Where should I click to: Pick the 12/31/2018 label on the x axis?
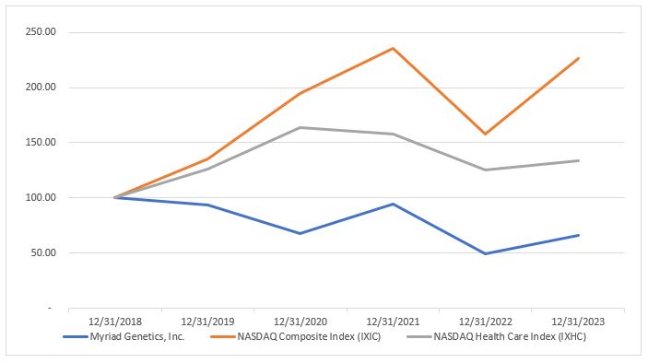point(114,322)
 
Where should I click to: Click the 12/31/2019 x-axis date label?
point(207,322)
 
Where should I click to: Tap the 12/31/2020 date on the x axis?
point(300,322)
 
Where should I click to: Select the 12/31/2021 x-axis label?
point(394,322)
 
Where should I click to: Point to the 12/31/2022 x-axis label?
point(487,322)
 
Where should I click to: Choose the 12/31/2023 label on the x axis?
point(579,322)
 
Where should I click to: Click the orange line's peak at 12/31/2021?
point(394,48)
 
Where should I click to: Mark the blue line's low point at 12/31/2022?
point(487,253)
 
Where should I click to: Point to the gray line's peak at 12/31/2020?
point(300,127)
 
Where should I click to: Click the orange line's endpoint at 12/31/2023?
point(579,58)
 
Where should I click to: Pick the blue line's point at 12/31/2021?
point(394,204)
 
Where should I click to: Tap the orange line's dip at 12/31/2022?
point(487,134)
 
